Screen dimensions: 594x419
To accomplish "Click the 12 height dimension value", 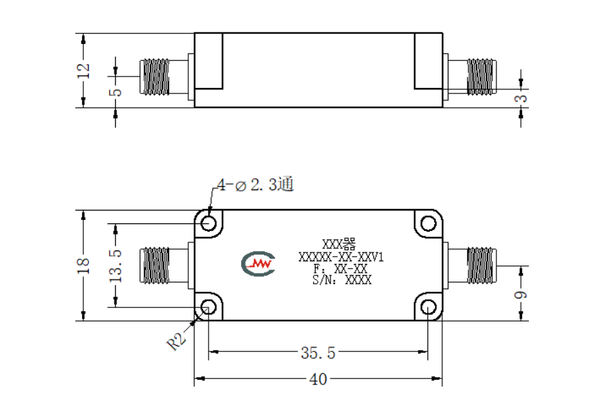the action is [83, 70].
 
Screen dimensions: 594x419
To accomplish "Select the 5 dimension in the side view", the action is [116, 92].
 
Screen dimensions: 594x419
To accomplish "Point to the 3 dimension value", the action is [522, 98].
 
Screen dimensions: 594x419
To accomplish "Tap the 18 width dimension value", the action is [83, 266].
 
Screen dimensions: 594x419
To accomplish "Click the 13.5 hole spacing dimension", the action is [116, 266].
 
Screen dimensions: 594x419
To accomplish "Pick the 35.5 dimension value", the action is [318, 353].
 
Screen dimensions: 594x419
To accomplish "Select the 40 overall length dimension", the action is [318, 379].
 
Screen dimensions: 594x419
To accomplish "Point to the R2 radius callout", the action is [177, 341].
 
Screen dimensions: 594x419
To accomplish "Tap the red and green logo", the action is [258, 263].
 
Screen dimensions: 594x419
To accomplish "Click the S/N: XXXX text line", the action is [342, 280].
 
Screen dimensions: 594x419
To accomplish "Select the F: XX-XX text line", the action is [341, 269].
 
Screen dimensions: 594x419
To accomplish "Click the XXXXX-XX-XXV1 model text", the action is [341, 257].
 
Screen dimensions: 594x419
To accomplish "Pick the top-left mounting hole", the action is [209, 223].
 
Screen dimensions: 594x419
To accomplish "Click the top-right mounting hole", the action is [429, 223].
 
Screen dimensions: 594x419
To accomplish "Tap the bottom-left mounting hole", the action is [209, 307].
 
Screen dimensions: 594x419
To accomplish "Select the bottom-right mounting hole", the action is [429, 307].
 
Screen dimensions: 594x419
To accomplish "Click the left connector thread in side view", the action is [154, 76].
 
